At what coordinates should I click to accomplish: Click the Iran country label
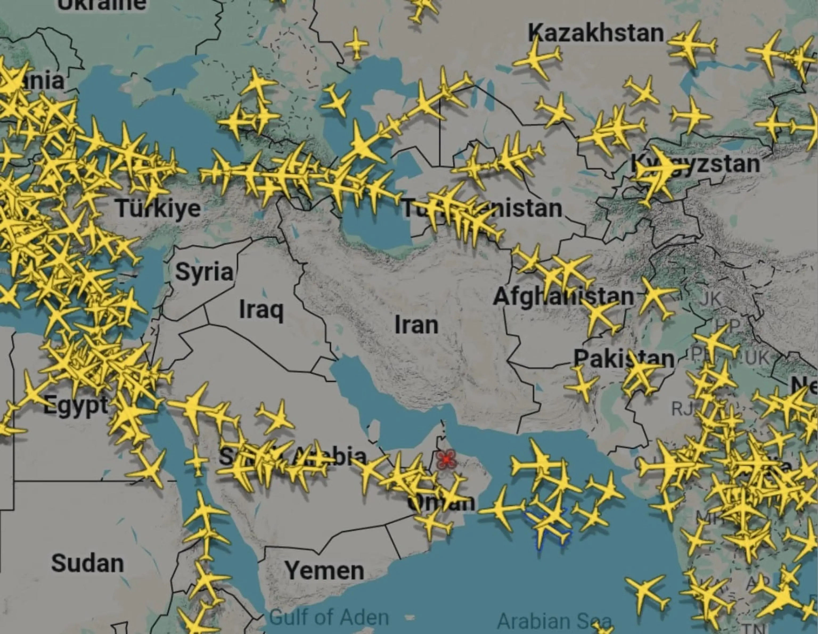416,325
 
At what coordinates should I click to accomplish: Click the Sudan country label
87,563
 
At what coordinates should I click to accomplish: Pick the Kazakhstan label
595,33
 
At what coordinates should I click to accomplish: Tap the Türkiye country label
158,208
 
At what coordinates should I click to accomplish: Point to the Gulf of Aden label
329,617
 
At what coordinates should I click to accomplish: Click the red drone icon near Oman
446,459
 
